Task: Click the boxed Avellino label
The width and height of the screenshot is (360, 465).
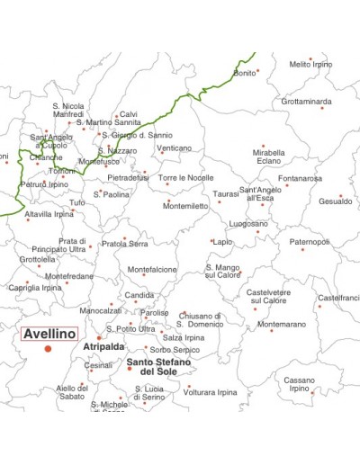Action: pos(49,333)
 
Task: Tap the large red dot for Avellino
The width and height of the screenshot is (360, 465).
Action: pos(49,348)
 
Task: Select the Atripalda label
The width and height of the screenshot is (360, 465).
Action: pos(103,345)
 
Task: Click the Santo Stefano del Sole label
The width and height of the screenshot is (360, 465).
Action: pos(158,366)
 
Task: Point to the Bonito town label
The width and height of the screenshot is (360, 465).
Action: pos(244,73)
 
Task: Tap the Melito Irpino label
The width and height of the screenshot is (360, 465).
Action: pos(310,65)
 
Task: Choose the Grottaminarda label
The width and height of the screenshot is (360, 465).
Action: pos(306,102)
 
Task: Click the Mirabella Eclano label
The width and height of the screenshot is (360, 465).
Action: pos(268,157)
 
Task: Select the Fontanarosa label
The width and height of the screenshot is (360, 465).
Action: pos(300,178)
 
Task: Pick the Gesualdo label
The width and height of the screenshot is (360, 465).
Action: pos(335,201)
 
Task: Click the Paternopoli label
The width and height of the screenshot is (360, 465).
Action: pos(310,242)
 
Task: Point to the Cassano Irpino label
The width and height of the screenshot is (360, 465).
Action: pos(300,384)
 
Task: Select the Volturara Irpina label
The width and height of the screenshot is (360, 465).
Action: pos(211,392)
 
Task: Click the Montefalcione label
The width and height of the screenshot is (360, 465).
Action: pos(152,269)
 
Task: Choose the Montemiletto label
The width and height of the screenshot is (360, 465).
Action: pos(185,206)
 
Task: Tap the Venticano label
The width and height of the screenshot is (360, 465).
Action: pos(174,148)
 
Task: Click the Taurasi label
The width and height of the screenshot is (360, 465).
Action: pos(227,193)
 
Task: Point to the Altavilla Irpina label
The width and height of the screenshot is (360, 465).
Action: pos(49,215)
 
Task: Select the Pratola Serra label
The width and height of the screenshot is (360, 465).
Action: pos(125,244)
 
